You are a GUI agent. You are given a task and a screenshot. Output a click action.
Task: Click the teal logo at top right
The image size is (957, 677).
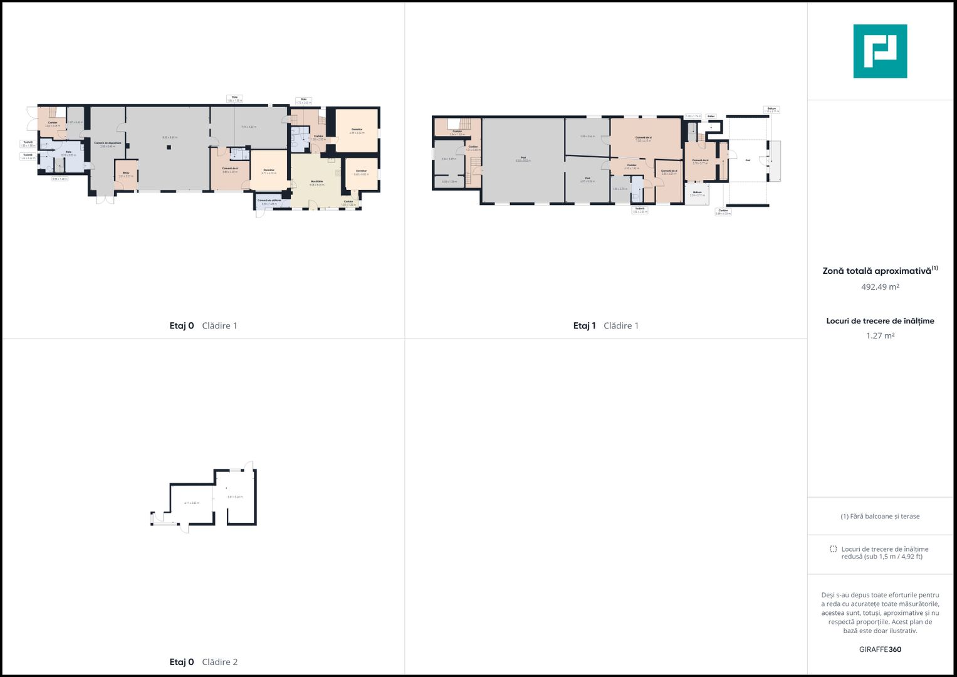880,51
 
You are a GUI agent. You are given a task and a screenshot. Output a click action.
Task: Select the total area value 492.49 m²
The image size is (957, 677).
880,287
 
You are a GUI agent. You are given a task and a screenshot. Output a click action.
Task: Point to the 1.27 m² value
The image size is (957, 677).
880,336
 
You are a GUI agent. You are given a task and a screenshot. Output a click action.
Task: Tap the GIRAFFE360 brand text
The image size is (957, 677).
880,649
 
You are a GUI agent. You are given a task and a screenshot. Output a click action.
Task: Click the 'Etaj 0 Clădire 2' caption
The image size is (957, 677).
203,662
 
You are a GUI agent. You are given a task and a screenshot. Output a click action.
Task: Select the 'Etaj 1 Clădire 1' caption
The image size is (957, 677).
605,325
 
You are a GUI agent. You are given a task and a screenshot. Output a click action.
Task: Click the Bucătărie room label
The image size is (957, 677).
316,182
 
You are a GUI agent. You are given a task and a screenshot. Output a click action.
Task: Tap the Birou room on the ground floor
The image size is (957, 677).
126,174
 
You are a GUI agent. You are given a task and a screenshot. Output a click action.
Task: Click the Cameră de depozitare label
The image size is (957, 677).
108,144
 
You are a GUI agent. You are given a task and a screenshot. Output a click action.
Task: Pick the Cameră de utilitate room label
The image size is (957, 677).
269,202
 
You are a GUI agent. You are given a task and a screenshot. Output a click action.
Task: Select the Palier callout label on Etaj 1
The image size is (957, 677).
711,116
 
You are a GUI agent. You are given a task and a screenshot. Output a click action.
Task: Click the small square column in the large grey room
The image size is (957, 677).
169,147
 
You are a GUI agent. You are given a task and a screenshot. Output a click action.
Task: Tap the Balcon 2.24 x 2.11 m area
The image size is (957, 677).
697,194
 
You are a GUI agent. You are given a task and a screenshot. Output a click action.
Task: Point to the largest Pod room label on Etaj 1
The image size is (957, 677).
523,159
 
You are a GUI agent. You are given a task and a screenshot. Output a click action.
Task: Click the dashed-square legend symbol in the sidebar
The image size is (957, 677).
833,548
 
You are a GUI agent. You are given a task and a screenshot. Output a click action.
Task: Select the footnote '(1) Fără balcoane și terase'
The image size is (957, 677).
880,517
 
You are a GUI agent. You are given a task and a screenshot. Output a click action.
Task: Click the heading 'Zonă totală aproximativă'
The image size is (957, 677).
876,271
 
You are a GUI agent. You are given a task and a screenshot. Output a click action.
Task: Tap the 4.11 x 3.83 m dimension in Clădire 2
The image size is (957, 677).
191,503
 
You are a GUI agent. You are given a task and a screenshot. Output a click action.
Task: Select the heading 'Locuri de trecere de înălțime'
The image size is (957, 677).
880,321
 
